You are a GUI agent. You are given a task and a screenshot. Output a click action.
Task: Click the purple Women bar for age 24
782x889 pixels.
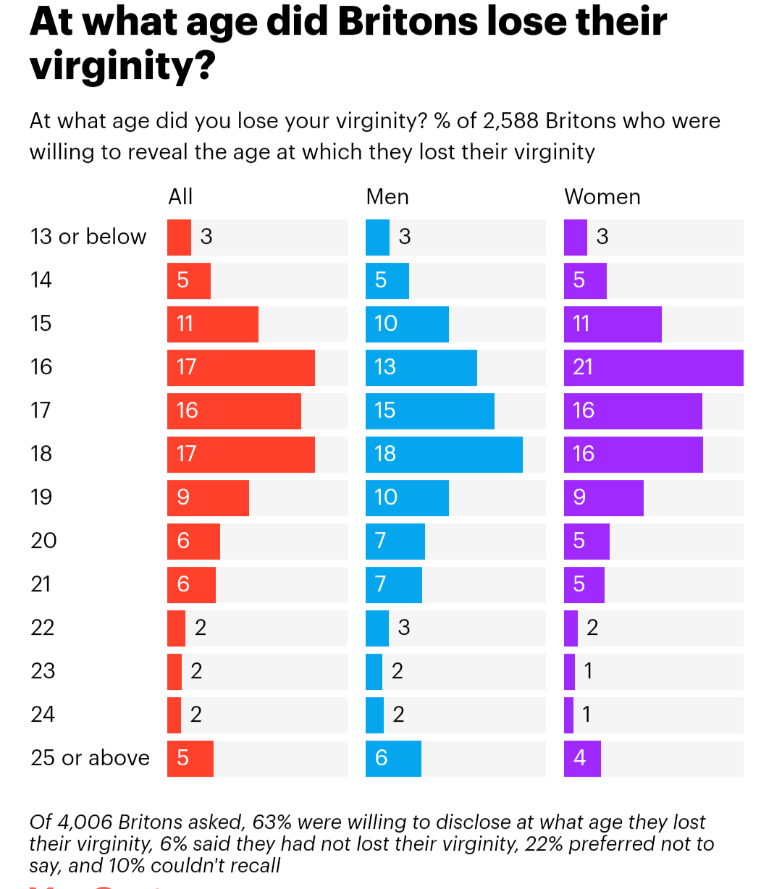(x=568, y=715)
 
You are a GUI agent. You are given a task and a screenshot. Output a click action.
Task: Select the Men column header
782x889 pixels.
(x=387, y=197)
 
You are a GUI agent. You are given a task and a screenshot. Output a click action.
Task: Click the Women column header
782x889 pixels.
(x=602, y=197)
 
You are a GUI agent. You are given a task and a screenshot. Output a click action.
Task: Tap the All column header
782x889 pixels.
(x=180, y=197)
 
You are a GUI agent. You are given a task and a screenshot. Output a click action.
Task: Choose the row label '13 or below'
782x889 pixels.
(x=88, y=237)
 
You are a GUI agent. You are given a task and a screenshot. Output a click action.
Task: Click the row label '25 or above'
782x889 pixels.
(x=90, y=758)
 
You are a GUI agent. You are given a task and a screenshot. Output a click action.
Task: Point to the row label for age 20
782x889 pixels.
(x=43, y=541)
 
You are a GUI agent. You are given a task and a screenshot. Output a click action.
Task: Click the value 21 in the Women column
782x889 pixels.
(x=583, y=367)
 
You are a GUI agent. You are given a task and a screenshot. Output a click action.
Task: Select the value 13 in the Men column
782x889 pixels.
(x=385, y=367)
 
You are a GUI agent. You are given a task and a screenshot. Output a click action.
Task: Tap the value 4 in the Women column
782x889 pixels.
(x=579, y=758)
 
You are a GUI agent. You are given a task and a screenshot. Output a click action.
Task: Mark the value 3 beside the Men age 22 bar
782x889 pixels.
(x=404, y=628)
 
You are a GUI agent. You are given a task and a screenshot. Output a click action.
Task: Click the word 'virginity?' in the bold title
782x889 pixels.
(x=123, y=67)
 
